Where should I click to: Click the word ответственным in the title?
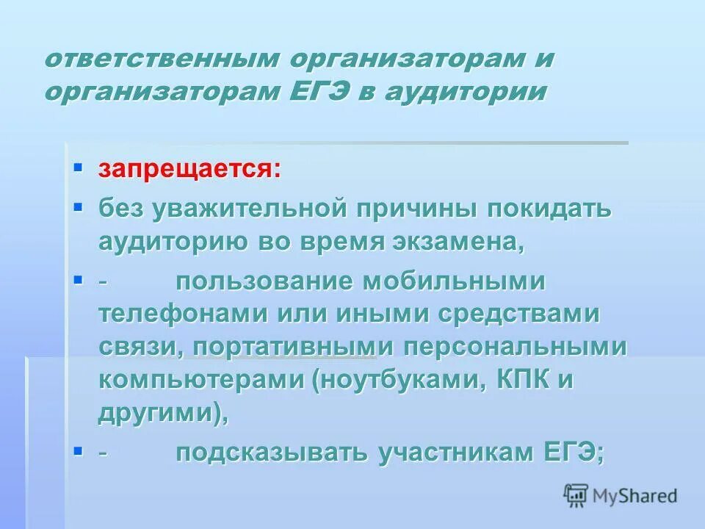(x=159, y=60)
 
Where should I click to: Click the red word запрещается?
(x=189, y=170)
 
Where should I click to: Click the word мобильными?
(x=463, y=281)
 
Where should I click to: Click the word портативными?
(x=286, y=348)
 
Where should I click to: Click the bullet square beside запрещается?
(x=79, y=169)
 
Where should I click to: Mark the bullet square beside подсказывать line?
(x=79, y=451)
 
